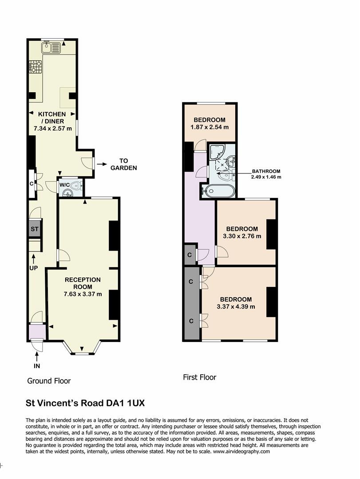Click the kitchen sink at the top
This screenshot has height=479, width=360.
[51, 47]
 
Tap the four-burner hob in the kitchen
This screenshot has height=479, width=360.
[36, 67]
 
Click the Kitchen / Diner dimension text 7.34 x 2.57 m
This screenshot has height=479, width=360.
[53, 128]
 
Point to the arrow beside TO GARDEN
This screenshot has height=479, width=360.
[101, 165]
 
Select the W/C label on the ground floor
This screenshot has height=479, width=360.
[64, 185]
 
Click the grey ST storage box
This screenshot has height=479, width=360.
[35, 229]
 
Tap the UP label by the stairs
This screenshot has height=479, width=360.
[33, 268]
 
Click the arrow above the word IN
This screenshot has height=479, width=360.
[37, 356]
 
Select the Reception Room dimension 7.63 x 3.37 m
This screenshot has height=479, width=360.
[83, 294]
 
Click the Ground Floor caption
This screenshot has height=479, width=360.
[49, 381]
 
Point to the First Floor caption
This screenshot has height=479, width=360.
[199, 377]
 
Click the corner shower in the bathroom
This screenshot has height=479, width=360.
[217, 152]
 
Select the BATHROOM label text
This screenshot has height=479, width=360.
[266, 171]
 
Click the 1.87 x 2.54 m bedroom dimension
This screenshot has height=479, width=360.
[210, 127]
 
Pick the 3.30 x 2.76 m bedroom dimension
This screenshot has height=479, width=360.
[242, 236]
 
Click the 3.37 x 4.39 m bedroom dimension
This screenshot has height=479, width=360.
[236, 307]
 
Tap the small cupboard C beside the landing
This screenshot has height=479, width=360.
[190, 255]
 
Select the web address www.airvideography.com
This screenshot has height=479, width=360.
[241, 452]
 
